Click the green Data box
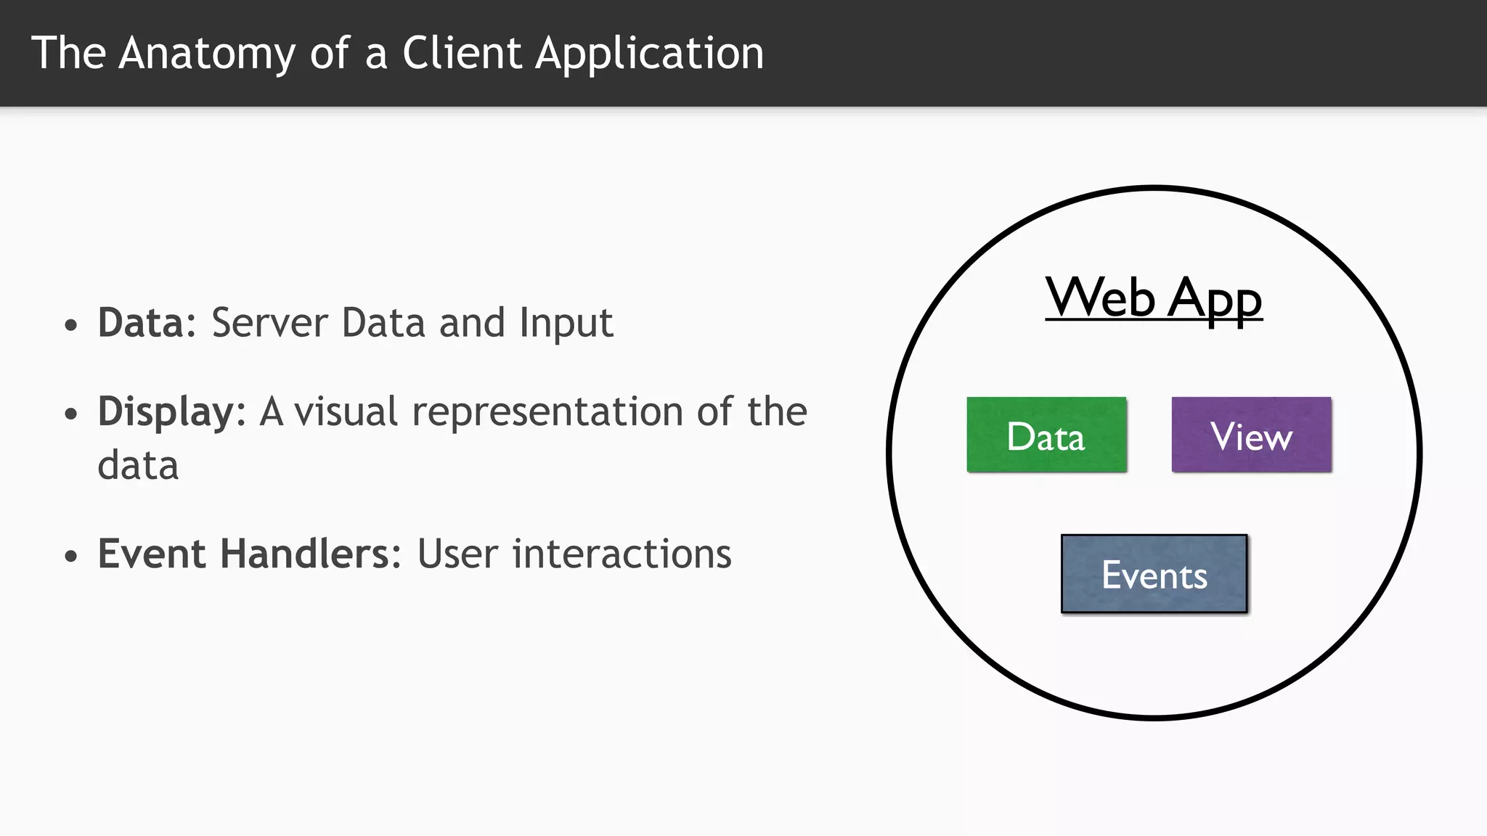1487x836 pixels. click(1046, 435)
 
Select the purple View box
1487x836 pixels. click(1251, 435)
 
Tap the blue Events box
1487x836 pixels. click(1154, 574)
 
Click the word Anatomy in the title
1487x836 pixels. click(207, 53)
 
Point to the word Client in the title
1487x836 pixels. click(462, 53)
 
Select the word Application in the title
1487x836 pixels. click(649, 53)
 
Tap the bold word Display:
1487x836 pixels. click(172, 412)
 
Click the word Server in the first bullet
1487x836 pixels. click(269, 323)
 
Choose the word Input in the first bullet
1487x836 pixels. click(566, 323)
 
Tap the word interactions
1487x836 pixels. click(622, 554)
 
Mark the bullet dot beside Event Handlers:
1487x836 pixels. click(70, 557)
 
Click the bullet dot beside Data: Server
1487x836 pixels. click(70, 325)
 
